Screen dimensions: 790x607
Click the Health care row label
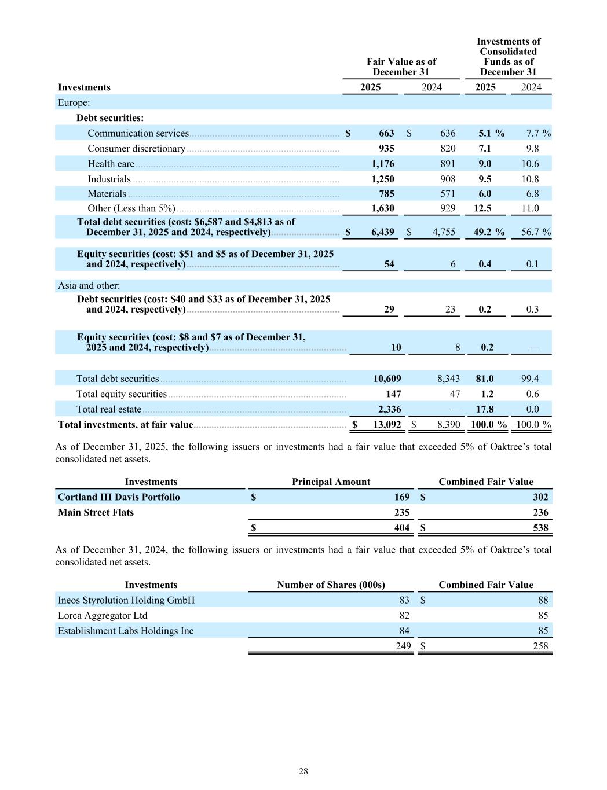pos(111,164)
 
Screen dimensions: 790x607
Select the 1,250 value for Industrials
pos(382,179)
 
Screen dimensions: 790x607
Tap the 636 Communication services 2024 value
pos(447,133)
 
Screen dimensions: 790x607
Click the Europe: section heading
pos(74,102)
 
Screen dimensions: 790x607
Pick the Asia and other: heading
pos(89,285)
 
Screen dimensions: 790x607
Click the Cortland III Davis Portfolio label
pos(119,497)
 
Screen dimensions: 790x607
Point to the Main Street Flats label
pos(96,512)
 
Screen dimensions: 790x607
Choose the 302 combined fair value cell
pos(540,497)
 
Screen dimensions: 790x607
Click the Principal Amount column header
pos(331,482)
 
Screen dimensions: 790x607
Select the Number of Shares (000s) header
pos(331,585)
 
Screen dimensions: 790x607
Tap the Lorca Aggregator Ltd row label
pos(103,615)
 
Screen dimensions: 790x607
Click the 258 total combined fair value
pos(540,646)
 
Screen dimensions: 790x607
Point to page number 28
pos(303,771)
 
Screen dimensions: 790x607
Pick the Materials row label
pos(107,194)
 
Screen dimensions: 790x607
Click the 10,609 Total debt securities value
pos(387,379)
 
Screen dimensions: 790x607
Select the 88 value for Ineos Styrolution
pos(542,600)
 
